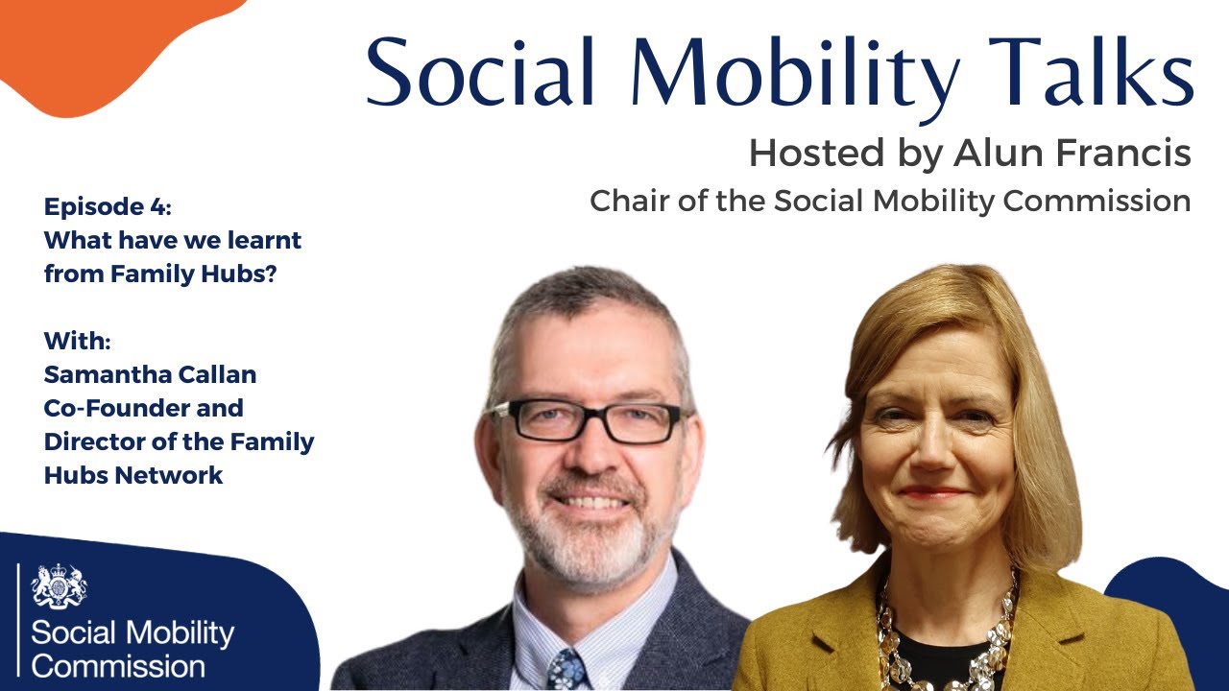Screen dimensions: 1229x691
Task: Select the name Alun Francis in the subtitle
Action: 1072,153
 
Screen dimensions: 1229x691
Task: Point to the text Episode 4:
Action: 108,206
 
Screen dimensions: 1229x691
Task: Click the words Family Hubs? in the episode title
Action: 193,274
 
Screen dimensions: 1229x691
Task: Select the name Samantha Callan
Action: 150,374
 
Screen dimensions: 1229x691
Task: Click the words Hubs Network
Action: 133,475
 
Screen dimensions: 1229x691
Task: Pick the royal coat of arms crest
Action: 59,585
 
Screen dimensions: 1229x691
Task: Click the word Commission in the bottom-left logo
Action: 118,666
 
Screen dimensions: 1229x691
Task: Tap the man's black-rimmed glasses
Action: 587,421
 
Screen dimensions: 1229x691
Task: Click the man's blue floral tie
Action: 566,669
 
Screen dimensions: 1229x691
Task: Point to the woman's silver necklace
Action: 945,636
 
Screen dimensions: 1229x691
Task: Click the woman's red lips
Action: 931,492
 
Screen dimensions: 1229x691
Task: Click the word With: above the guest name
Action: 78,341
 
